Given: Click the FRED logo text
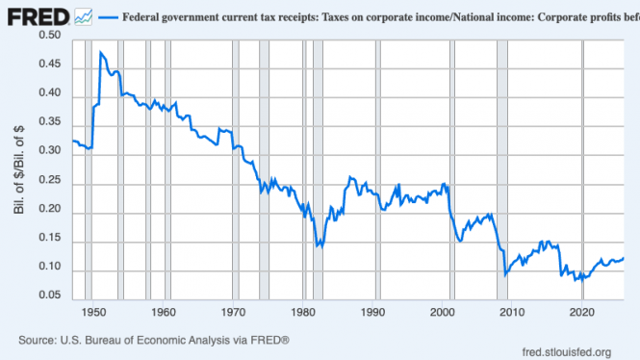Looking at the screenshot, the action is pyautogui.click(x=38, y=17).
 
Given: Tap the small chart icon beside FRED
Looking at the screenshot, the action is pyautogui.click(x=84, y=17).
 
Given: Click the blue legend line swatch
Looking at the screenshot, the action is pyautogui.click(x=108, y=17).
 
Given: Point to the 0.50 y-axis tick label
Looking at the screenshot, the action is pyautogui.click(x=50, y=35).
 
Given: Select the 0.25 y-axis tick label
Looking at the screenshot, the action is pyautogui.click(x=50, y=180).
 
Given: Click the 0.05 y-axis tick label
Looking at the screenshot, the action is pyautogui.click(x=50, y=295).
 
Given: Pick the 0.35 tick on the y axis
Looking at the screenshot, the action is pyautogui.click(x=50, y=121).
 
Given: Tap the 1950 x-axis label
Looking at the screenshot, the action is pyautogui.click(x=93, y=312).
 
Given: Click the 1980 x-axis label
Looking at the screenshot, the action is pyautogui.click(x=303, y=312).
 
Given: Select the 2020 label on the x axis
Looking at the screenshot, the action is pyautogui.click(x=582, y=312).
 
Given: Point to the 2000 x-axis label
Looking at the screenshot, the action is pyautogui.click(x=443, y=312).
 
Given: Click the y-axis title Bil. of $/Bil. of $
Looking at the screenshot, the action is pyautogui.click(x=19, y=169).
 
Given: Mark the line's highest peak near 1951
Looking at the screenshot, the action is pyautogui.click(x=100, y=52).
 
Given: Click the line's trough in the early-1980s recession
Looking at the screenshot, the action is pyautogui.click(x=317, y=246).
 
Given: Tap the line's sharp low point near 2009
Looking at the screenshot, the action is pyautogui.click(x=505, y=275).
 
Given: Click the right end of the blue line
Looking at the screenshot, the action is pyautogui.click(x=624, y=258).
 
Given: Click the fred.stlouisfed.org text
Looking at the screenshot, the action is pyautogui.click(x=567, y=352).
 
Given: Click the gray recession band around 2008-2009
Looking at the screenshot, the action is pyautogui.click(x=502, y=169).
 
